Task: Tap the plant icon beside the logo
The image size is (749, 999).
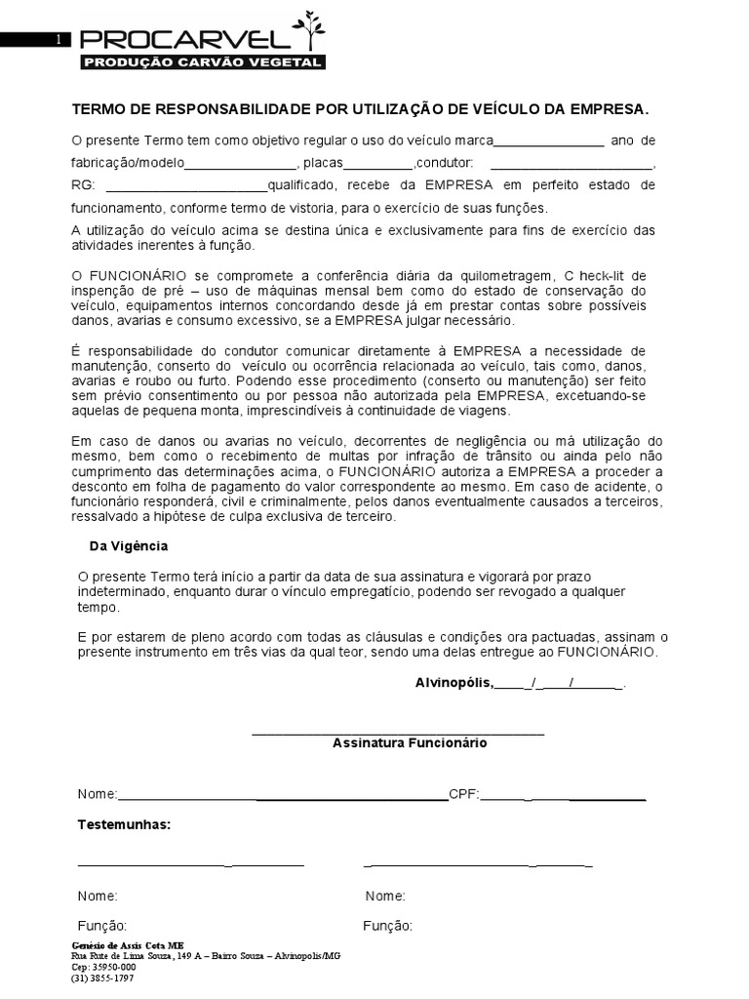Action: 312,29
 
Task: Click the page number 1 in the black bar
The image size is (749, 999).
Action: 59,40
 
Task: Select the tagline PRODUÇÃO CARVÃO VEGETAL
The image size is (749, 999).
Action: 202,62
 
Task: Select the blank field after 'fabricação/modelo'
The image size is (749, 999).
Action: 239,164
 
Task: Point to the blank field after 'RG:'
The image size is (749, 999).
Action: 185,186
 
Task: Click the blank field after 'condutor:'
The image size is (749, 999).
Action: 571,164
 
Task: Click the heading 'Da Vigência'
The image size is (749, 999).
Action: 129,546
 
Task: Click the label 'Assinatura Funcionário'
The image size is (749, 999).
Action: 410,743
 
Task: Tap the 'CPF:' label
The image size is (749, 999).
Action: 464,794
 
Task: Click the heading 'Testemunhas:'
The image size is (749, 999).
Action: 124,825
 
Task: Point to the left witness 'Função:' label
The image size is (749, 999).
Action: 101,926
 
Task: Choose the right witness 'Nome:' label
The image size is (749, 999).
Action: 385,897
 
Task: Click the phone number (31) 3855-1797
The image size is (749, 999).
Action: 103,978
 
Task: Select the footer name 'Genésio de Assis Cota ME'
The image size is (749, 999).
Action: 128,946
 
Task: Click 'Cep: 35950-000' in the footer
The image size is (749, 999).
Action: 104,967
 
